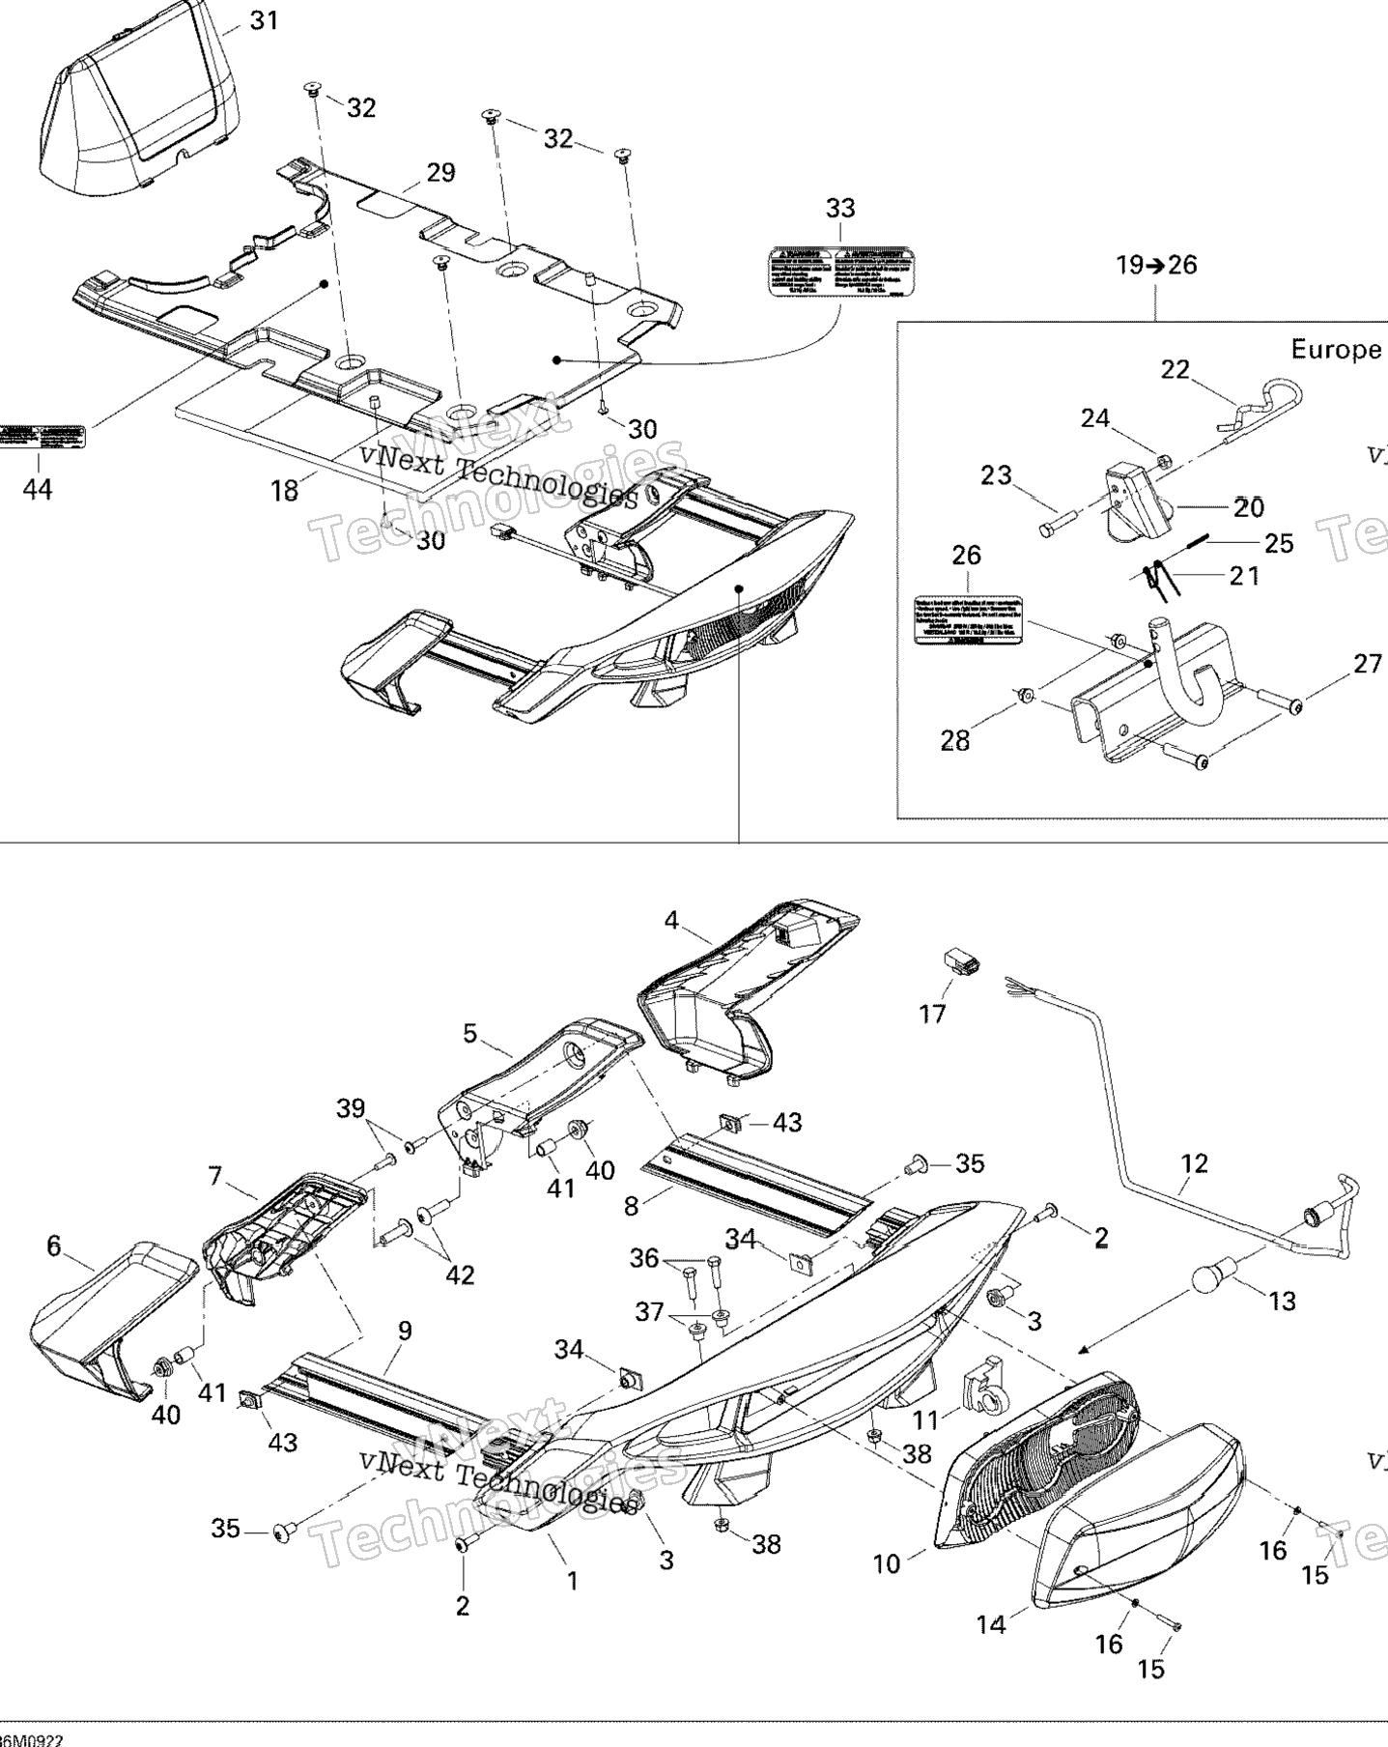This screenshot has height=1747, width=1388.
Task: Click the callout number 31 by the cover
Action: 263,20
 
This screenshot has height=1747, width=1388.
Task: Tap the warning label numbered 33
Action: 840,272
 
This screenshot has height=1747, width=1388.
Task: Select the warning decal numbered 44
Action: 42,435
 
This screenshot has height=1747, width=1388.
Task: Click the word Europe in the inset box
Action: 1336,349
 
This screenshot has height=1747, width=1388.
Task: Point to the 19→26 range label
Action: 1156,265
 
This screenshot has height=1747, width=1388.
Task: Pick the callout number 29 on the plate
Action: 440,173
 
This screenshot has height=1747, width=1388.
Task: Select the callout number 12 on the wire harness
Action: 1194,1163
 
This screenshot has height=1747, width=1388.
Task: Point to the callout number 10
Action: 886,1563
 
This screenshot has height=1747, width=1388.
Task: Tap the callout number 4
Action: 671,921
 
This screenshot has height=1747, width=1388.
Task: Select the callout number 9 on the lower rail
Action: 405,1331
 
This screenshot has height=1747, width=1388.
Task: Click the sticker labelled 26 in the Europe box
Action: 969,619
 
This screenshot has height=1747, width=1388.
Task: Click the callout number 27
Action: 1367,664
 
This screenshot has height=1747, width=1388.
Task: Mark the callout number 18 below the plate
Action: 284,491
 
